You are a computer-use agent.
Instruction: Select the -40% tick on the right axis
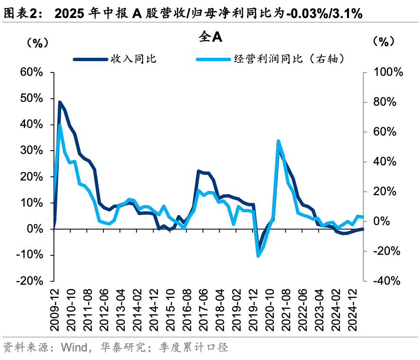387,281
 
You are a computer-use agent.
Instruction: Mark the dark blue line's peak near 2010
60,102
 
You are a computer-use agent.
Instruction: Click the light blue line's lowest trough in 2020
258,256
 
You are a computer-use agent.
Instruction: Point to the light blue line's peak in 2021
278,141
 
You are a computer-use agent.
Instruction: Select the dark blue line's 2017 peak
198,171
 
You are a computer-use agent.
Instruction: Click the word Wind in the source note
72,348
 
